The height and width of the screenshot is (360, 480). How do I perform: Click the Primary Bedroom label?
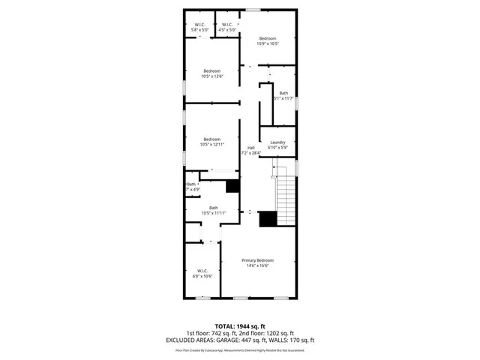pos(256,259)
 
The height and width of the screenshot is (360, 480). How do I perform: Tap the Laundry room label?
pos(278,142)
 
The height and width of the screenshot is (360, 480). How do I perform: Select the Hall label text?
pos(250,148)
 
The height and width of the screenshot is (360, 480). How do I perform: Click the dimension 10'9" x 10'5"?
pos(268,44)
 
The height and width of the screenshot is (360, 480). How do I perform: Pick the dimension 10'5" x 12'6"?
pos(211,76)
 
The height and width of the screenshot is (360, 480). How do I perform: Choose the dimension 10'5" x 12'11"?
pos(211,145)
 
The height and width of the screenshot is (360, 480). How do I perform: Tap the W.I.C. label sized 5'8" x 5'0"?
pos(200,25)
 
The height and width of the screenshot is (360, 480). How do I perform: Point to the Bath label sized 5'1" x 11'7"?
pos(283,93)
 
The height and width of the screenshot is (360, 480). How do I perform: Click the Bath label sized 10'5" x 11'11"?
pos(214,208)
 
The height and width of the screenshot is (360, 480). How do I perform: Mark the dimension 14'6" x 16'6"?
pos(256,265)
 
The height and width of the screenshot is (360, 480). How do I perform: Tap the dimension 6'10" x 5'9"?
pos(278,148)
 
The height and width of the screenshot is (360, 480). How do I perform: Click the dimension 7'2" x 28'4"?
pos(250,153)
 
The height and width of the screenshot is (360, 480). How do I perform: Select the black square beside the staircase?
pos(268,219)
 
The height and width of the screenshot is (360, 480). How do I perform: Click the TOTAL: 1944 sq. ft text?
pos(240,326)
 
